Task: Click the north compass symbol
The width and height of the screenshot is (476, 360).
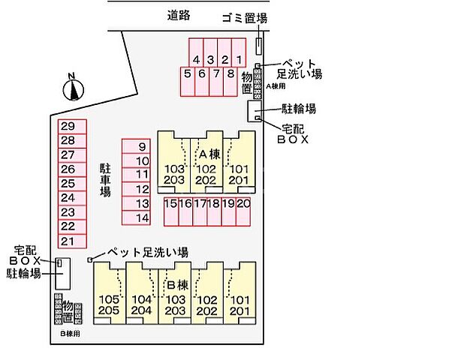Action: (x=72, y=88)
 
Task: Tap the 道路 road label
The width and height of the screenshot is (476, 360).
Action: (x=179, y=14)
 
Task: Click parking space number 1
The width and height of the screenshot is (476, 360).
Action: (x=239, y=60)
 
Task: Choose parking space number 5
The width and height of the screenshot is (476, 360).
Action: (x=187, y=73)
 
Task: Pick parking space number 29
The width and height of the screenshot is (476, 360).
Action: (x=68, y=127)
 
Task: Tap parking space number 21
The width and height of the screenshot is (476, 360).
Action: (x=68, y=241)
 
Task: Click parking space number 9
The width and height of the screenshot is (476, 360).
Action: (x=142, y=146)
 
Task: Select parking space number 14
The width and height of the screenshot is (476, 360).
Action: (x=142, y=217)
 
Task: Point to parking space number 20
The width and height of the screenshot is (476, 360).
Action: (x=243, y=203)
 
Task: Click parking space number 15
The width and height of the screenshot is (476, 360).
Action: (x=170, y=203)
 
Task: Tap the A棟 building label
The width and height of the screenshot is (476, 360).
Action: (x=207, y=154)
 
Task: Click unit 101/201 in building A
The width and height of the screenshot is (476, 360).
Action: (x=240, y=174)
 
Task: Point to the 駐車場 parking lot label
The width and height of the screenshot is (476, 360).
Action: (x=105, y=181)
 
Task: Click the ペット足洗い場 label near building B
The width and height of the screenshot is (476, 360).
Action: (x=147, y=253)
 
